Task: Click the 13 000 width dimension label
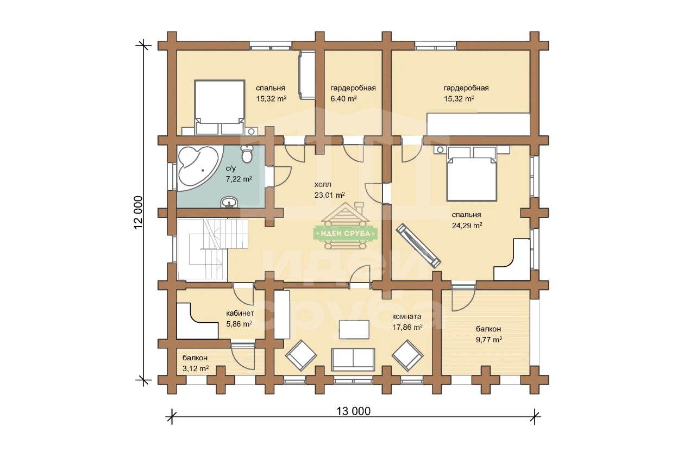click(353, 411)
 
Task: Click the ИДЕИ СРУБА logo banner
click(346, 234)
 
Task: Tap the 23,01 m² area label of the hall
click(329, 195)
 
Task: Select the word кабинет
click(240, 314)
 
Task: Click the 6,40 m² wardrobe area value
click(344, 98)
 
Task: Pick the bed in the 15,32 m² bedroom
click(219, 107)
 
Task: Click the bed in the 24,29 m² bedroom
click(472, 174)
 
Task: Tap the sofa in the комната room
click(353, 360)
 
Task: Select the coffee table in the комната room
click(354, 329)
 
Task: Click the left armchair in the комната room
click(301, 355)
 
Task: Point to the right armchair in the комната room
click(407, 355)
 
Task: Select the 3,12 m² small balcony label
click(196, 368)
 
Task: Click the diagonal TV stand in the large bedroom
click(418, 246)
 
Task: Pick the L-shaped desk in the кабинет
click(197, 322)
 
